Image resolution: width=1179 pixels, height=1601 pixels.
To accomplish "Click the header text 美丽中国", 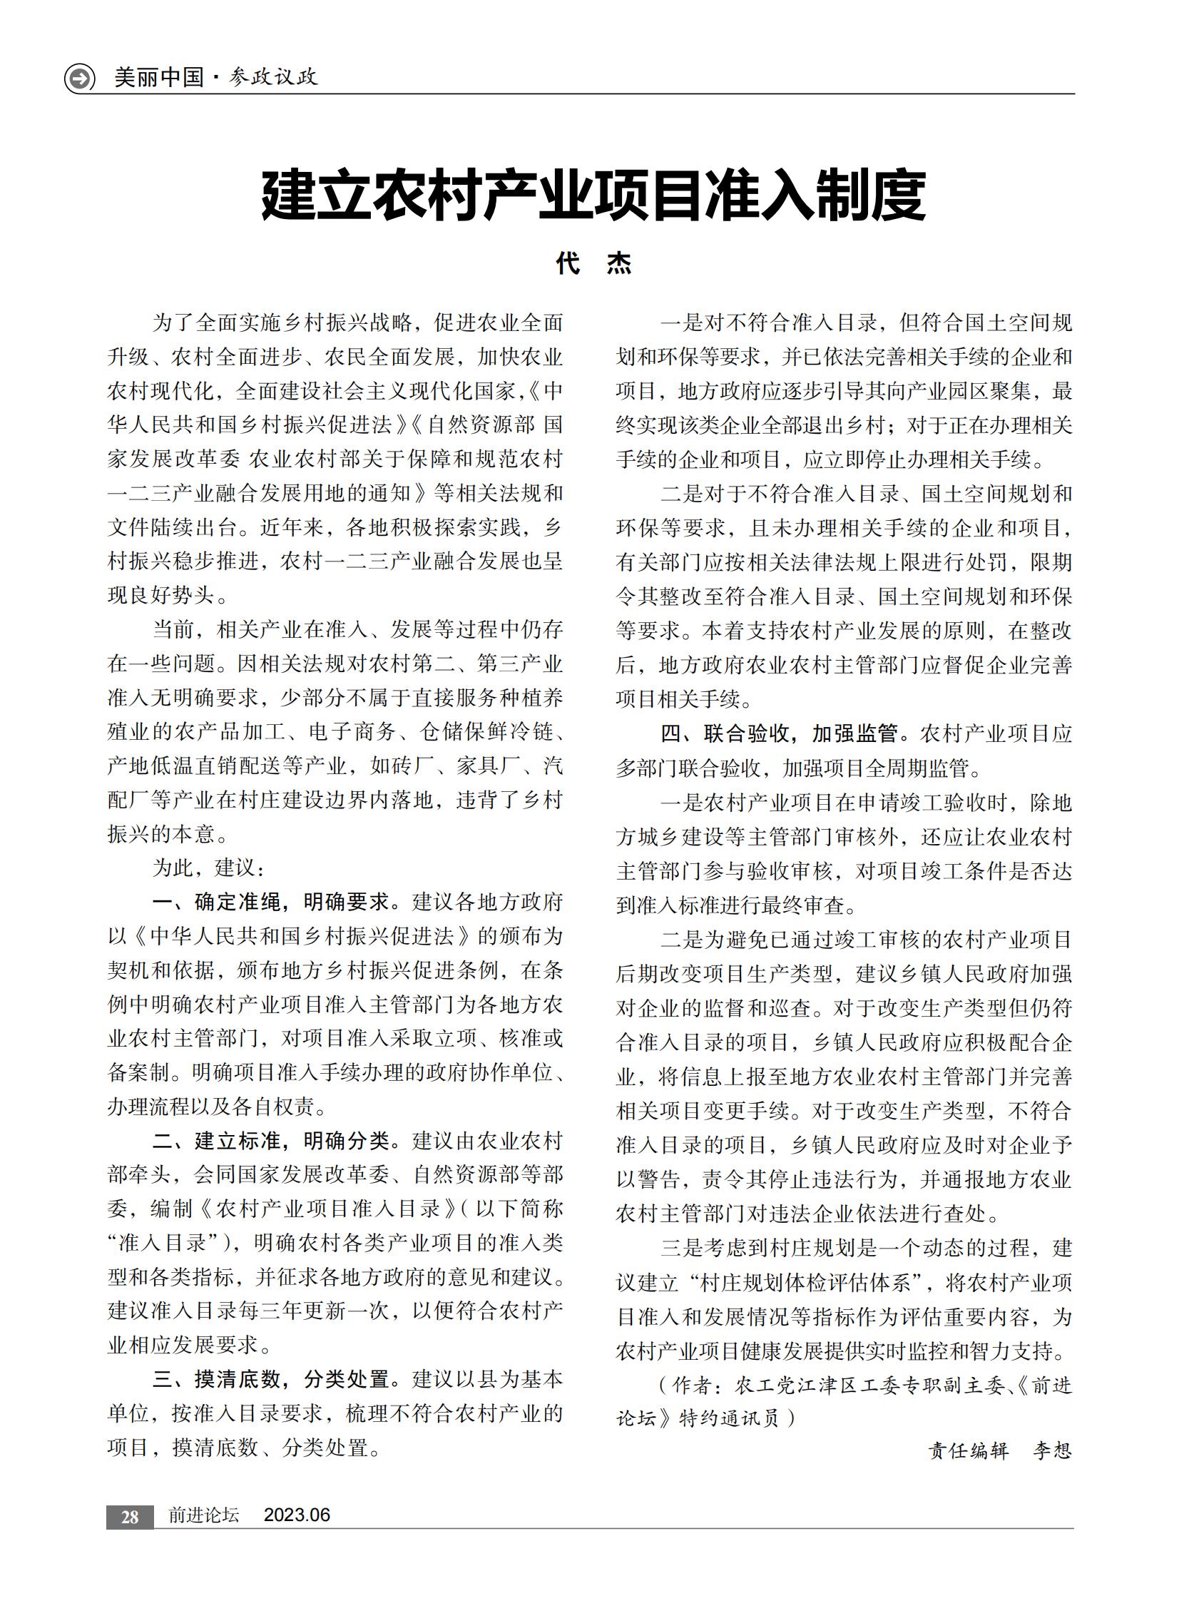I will tap(158, 77).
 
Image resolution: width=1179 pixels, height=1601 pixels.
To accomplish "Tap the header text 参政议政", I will tap(273, 77).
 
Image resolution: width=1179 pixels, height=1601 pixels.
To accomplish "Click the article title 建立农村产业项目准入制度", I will tap(593, 195).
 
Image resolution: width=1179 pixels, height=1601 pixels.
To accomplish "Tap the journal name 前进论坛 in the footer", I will tap(203, 1515).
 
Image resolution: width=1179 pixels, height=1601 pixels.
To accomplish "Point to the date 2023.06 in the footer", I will tap(297, 1515).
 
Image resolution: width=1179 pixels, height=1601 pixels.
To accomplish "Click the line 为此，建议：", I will tap(208, 868).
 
